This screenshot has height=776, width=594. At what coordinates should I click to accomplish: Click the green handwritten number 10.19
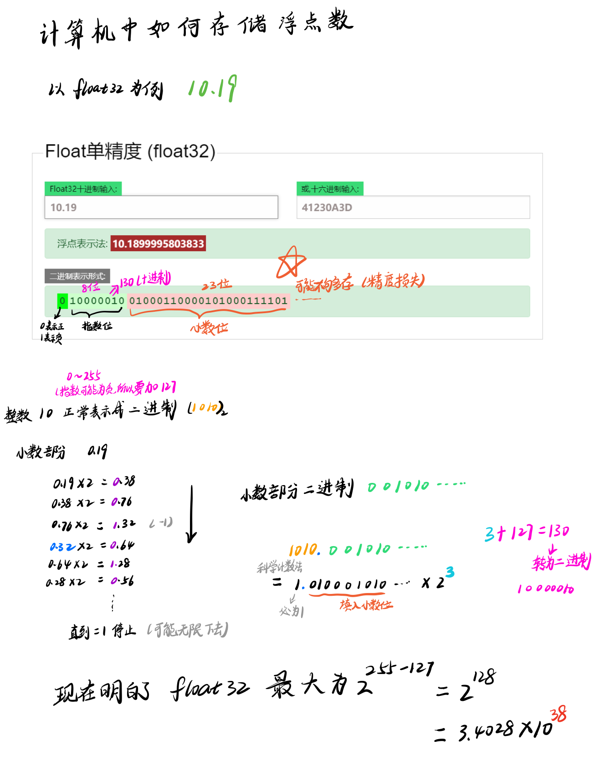212,88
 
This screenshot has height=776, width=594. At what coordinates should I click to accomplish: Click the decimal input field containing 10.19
161,208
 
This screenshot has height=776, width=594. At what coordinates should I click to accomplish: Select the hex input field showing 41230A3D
413,208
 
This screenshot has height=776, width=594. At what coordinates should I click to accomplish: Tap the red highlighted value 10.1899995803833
158,243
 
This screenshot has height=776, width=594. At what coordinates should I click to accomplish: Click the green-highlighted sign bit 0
62,301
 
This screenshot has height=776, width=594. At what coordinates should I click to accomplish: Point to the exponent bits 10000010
97,301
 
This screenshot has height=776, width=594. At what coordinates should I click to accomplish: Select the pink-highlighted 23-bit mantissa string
208,301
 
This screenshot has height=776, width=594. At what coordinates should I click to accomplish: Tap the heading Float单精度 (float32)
130,151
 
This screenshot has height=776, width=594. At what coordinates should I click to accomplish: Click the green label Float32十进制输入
83,189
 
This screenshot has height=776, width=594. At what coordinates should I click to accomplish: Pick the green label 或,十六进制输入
330,189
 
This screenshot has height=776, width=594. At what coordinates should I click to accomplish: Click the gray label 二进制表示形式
77,276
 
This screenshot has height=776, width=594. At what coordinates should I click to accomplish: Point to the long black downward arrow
192,514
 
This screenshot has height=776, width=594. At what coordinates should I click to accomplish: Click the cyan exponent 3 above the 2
450,572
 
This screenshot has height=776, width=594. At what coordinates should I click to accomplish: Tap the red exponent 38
558,715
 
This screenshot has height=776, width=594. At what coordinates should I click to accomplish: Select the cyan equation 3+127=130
527,533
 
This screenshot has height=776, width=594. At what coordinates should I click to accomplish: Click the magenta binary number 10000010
545,589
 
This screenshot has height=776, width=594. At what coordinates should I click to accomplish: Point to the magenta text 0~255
83,376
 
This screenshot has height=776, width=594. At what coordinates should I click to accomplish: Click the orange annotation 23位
217,285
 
